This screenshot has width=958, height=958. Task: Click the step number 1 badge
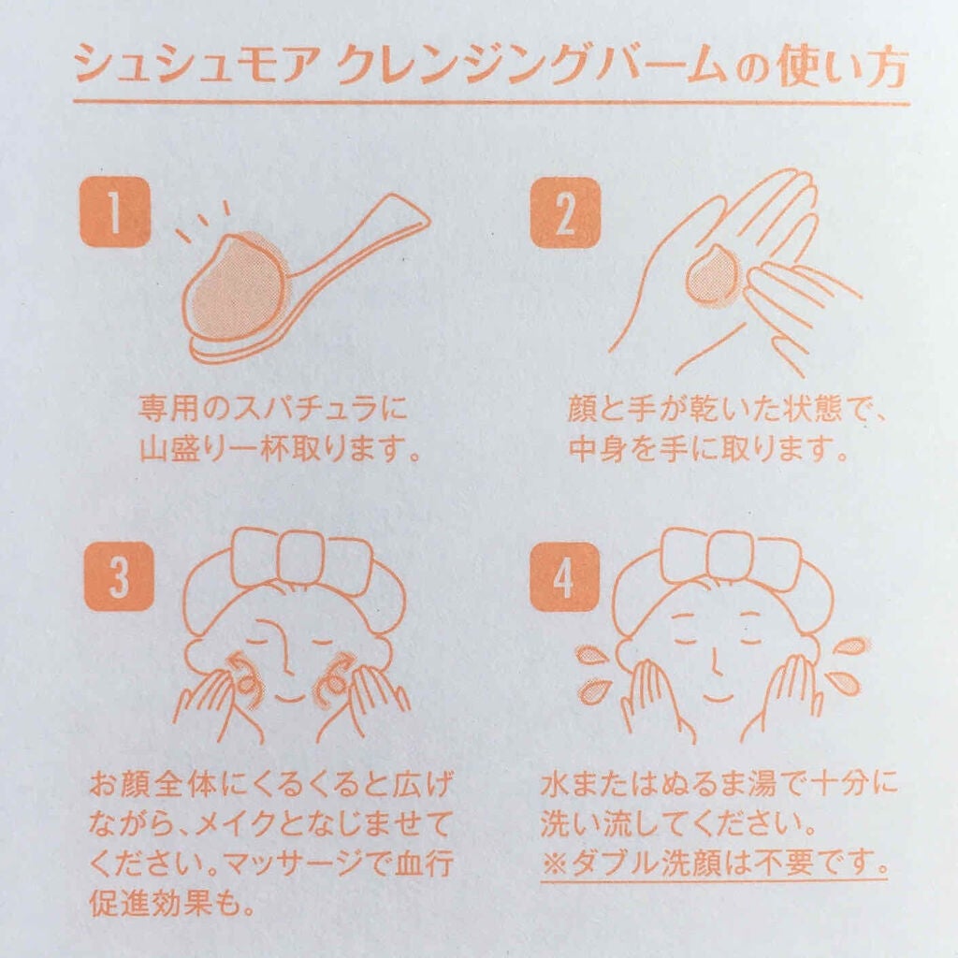[114, 212]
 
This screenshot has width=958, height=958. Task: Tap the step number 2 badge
[565, 212]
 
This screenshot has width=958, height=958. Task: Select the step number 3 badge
[118, 576]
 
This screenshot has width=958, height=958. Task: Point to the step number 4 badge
[563, 576]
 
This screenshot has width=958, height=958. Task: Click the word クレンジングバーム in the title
[533, 68]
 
